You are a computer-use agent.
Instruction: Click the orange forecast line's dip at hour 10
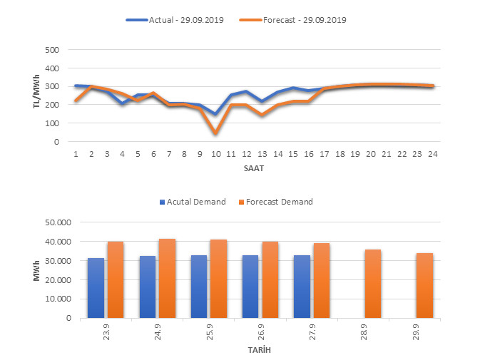215,133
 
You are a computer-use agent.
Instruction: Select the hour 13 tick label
262,153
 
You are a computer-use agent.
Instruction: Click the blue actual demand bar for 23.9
96,288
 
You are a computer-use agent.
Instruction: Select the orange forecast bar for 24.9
167,278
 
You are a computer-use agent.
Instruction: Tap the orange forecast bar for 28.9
373,284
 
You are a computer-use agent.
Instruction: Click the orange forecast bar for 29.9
424,285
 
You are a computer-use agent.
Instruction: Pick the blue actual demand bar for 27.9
302,287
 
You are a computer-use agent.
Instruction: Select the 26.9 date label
254,331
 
